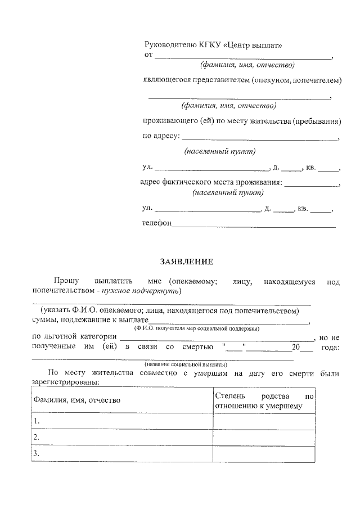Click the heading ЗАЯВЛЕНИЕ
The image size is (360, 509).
tap(187, 262)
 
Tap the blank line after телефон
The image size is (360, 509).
tap(253, 226)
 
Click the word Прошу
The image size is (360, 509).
tap(66, 280)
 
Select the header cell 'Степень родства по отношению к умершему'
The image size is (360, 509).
tap(263, 400)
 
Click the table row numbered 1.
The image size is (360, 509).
tap(121, 421)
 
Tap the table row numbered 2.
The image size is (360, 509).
tap(121, 438)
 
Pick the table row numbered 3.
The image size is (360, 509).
tap(121, 454)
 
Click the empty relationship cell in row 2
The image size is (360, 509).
tap(263, 438)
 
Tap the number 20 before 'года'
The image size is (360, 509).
tap(290, 348)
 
